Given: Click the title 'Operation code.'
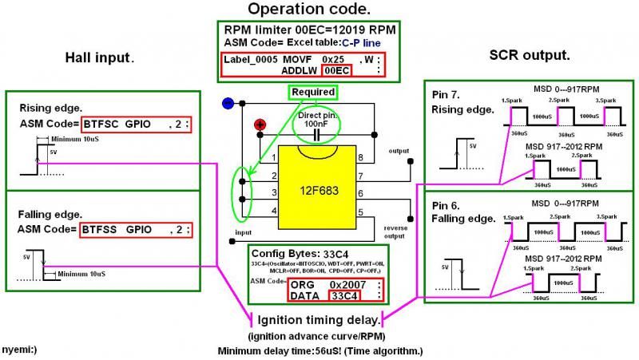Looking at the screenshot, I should click(x=308, y=10).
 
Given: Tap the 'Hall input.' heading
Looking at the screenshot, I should click(x=99, y=57).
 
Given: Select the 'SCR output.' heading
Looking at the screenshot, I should click(x=529, y=55).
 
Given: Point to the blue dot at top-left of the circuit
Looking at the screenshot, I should click(x=228, y=103).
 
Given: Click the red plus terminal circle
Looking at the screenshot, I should click(x=260, y=124).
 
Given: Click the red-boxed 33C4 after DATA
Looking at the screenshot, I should click(x=344, y=296).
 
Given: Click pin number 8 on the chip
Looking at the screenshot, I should click(x=360, y=157).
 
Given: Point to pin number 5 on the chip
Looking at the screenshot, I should click(x=360, y=212).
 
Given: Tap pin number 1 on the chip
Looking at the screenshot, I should click(x=274, y=157).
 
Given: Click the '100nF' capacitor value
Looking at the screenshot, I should click(x=318, y=125).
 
